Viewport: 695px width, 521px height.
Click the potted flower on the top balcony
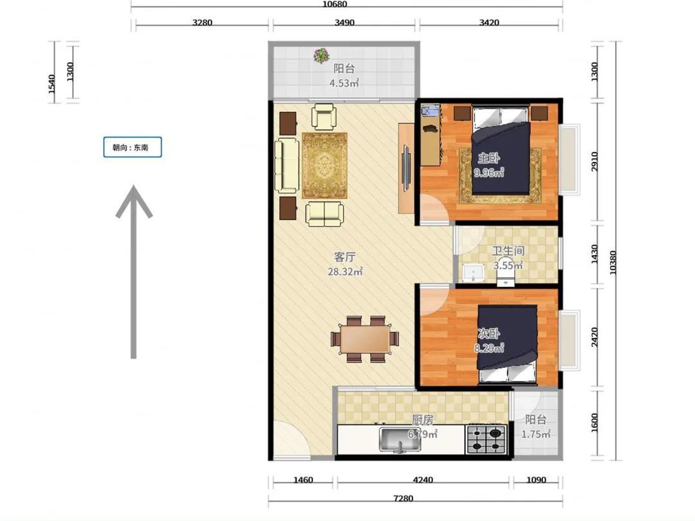321,55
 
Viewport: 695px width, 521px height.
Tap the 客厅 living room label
345,257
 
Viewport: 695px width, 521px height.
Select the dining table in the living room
366,340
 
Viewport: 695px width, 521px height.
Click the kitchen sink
400,439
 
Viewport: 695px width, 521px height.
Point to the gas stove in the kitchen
486,439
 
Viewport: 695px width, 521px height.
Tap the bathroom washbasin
474,272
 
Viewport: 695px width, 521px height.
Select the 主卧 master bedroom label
488,158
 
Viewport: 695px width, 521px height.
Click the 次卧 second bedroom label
488,333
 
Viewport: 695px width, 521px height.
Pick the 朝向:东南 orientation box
133,147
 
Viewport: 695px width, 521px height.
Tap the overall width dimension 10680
335,5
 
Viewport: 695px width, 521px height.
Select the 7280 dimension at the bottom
403,498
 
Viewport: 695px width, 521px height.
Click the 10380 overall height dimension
613,262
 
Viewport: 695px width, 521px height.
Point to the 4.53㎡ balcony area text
344,83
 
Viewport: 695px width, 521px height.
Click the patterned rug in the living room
325,165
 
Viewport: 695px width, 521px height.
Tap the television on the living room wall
405,168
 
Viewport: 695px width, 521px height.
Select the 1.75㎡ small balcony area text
536,434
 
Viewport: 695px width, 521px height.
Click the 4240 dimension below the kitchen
423,480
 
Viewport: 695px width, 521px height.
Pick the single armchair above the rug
324,116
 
